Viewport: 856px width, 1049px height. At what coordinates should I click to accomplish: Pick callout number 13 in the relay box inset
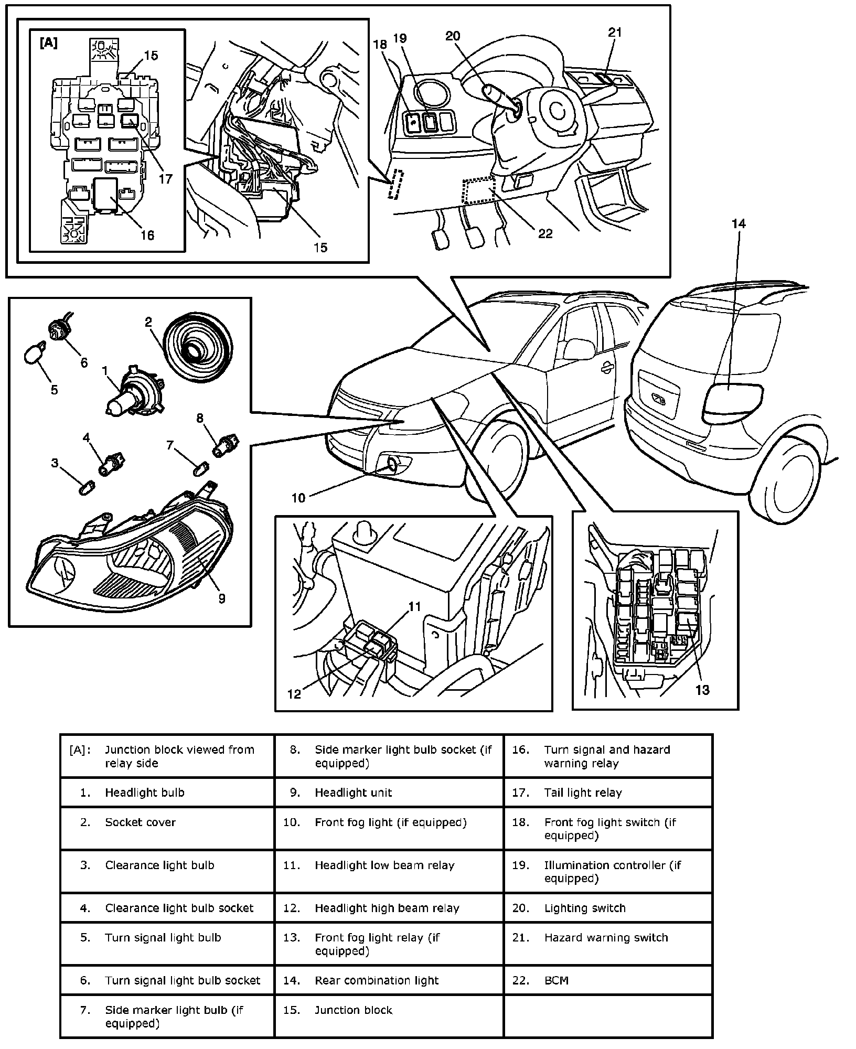[x=702, y=690]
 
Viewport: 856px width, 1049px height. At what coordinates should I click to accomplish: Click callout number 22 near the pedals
[x=545, y=233]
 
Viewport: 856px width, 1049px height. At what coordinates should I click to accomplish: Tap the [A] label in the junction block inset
[x=48, y=44]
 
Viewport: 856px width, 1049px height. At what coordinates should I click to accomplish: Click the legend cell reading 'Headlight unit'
[x=353, y=793]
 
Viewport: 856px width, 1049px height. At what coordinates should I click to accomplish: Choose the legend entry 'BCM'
[x=556, y=980]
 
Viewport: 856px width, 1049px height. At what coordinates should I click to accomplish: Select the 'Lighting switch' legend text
[x=585, y=908]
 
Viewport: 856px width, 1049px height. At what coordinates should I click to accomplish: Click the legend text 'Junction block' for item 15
[x=353, y=1010]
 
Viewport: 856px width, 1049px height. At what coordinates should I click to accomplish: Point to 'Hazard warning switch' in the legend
[x=606, y=937]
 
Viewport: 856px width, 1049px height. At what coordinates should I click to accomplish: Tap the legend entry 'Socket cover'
[x=140, y=822]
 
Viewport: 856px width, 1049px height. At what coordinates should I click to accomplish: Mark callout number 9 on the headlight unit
[x=222, y=598]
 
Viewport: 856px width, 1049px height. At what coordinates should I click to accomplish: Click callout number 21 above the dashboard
[x=615, y=33]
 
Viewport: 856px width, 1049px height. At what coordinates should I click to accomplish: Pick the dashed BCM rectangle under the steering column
[x=477, y=191]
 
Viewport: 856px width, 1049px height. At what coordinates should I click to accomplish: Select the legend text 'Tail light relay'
[x=583, y=793]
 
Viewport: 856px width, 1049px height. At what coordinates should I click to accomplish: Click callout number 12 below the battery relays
[x=294, y=694]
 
